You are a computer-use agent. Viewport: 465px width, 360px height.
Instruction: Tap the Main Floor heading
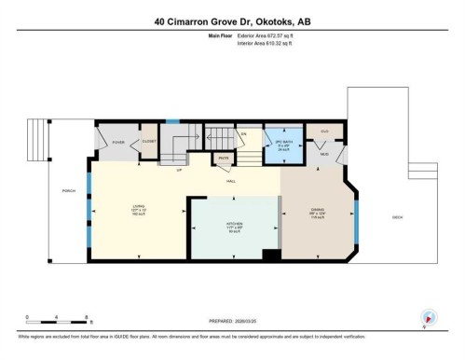click(221, 35)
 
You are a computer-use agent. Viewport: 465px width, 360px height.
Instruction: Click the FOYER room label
click(118, 142)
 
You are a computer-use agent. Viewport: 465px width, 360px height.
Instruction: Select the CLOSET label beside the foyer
click(148, 142)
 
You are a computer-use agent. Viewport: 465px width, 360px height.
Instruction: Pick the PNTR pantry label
click(224, 159)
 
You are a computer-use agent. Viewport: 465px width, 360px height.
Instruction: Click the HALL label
click(230, 181)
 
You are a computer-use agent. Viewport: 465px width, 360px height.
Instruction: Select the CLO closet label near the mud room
click(323, 132)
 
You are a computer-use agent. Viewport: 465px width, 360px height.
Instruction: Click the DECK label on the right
click(397, 217)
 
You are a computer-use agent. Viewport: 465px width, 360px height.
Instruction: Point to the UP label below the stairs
click(178, 170)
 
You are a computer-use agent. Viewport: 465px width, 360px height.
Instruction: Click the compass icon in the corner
click(429, 317)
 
